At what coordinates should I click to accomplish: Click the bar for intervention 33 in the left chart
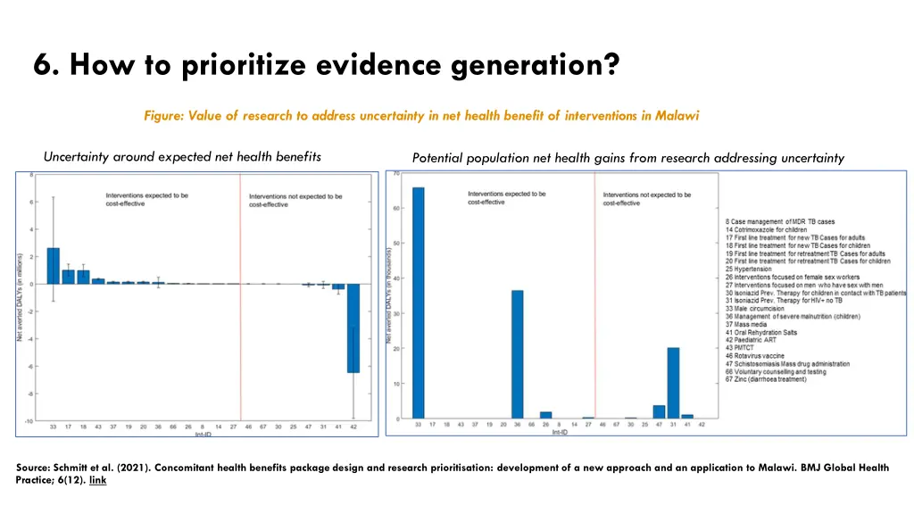[54, 266]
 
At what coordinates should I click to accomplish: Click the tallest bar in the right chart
[419, 303]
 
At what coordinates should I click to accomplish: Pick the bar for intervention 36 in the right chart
[518, 354]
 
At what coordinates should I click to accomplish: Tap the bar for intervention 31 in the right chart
[673, 383]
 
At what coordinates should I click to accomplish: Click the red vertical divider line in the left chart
[241, 294]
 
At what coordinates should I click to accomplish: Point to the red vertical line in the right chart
[595, 294]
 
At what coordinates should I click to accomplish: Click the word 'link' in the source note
[98, 479]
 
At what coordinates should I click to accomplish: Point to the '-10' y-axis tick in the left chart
[29, 420]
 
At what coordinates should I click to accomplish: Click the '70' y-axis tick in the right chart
[396, 173]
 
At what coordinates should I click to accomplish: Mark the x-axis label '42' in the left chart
[353, 427]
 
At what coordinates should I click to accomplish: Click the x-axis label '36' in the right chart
[518, 425]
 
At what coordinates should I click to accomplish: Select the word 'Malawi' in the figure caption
[677, 116]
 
